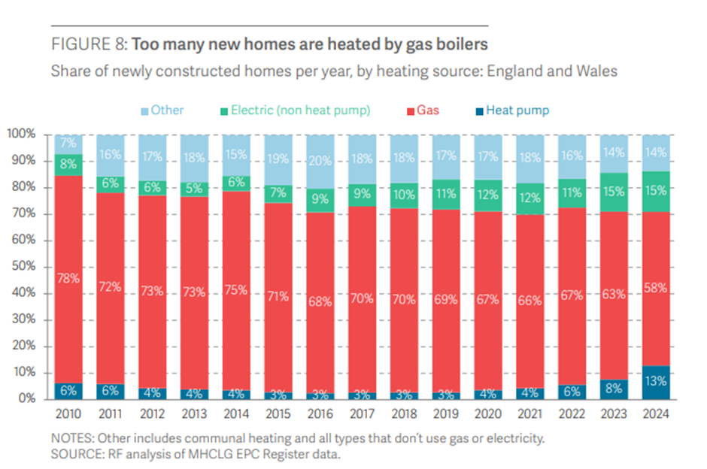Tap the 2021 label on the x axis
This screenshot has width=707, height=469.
coord(529,414)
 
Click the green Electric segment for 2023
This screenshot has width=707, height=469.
coord(612,192)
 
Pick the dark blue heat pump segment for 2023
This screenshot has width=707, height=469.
coord(612,389)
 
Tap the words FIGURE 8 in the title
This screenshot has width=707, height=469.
coord(90,44)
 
